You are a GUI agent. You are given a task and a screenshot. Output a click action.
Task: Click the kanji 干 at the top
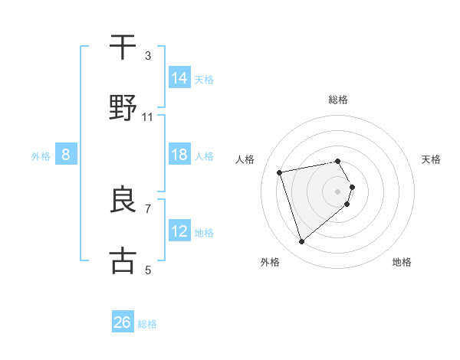[x=123, y=47]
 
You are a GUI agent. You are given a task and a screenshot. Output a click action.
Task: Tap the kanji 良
[x=123, y=200]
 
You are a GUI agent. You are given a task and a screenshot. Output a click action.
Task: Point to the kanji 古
[x=123, y=260]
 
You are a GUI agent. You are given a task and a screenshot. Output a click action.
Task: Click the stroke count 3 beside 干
[x=148, y=55]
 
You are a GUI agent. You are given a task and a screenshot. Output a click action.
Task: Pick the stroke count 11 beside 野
[x=148, y=116]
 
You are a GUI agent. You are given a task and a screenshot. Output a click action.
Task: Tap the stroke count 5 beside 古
[x=148, y=270]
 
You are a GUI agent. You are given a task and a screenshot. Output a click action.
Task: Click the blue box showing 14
[x=179, y=78]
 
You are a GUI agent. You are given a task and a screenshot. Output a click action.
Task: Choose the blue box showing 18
[x=179, y=155]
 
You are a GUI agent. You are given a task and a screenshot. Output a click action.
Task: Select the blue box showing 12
[x=179, y=231]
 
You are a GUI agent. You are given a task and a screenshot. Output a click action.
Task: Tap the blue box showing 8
[x=66, y=155]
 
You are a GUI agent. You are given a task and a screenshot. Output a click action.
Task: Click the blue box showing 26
[x=123, y=322]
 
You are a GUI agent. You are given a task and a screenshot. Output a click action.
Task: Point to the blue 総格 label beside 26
[x=147, y=324]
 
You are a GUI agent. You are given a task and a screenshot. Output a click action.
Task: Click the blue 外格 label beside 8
[x=41, y=156]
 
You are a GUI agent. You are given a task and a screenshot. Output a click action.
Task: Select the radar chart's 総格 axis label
[x=338, y=100]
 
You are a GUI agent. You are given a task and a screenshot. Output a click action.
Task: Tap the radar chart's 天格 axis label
[x=431, y=159]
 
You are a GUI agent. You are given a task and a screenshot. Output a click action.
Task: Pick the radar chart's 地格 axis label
[x=402, y=262]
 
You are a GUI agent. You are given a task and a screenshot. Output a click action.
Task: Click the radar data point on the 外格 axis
[x=301, y=242]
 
